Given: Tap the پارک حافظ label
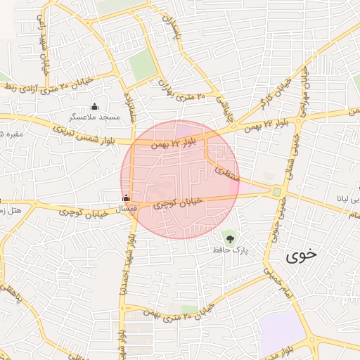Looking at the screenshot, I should [x=232, y=250].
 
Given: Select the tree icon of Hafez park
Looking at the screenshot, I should [x=230, y=238].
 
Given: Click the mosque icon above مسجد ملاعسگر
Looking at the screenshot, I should [x=94, y=106].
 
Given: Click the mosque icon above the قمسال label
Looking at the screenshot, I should [x=126, y=198].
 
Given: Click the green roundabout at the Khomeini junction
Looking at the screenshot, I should [x=277, y=191].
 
